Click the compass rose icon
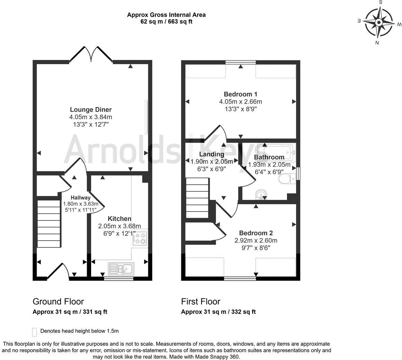coord(379,23)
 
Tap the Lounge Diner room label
coord(91,110)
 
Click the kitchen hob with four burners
coord(140,238)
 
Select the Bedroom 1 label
coord(241,94)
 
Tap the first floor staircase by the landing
coord(198,198)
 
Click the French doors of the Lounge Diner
coord(91,55)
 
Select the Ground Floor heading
coord(58,301)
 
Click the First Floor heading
coord(201,301)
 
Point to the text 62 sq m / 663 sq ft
coord(166,21)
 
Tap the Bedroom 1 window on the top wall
coord(241,62)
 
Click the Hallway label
coord(81,198)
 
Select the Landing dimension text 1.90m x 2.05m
coord(212,161)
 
